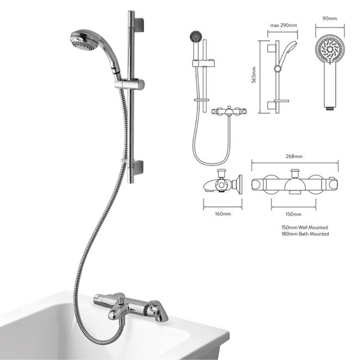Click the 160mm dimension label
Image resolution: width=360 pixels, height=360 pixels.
coord(222,213)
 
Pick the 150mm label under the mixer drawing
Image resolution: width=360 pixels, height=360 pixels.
coord(293,213)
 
